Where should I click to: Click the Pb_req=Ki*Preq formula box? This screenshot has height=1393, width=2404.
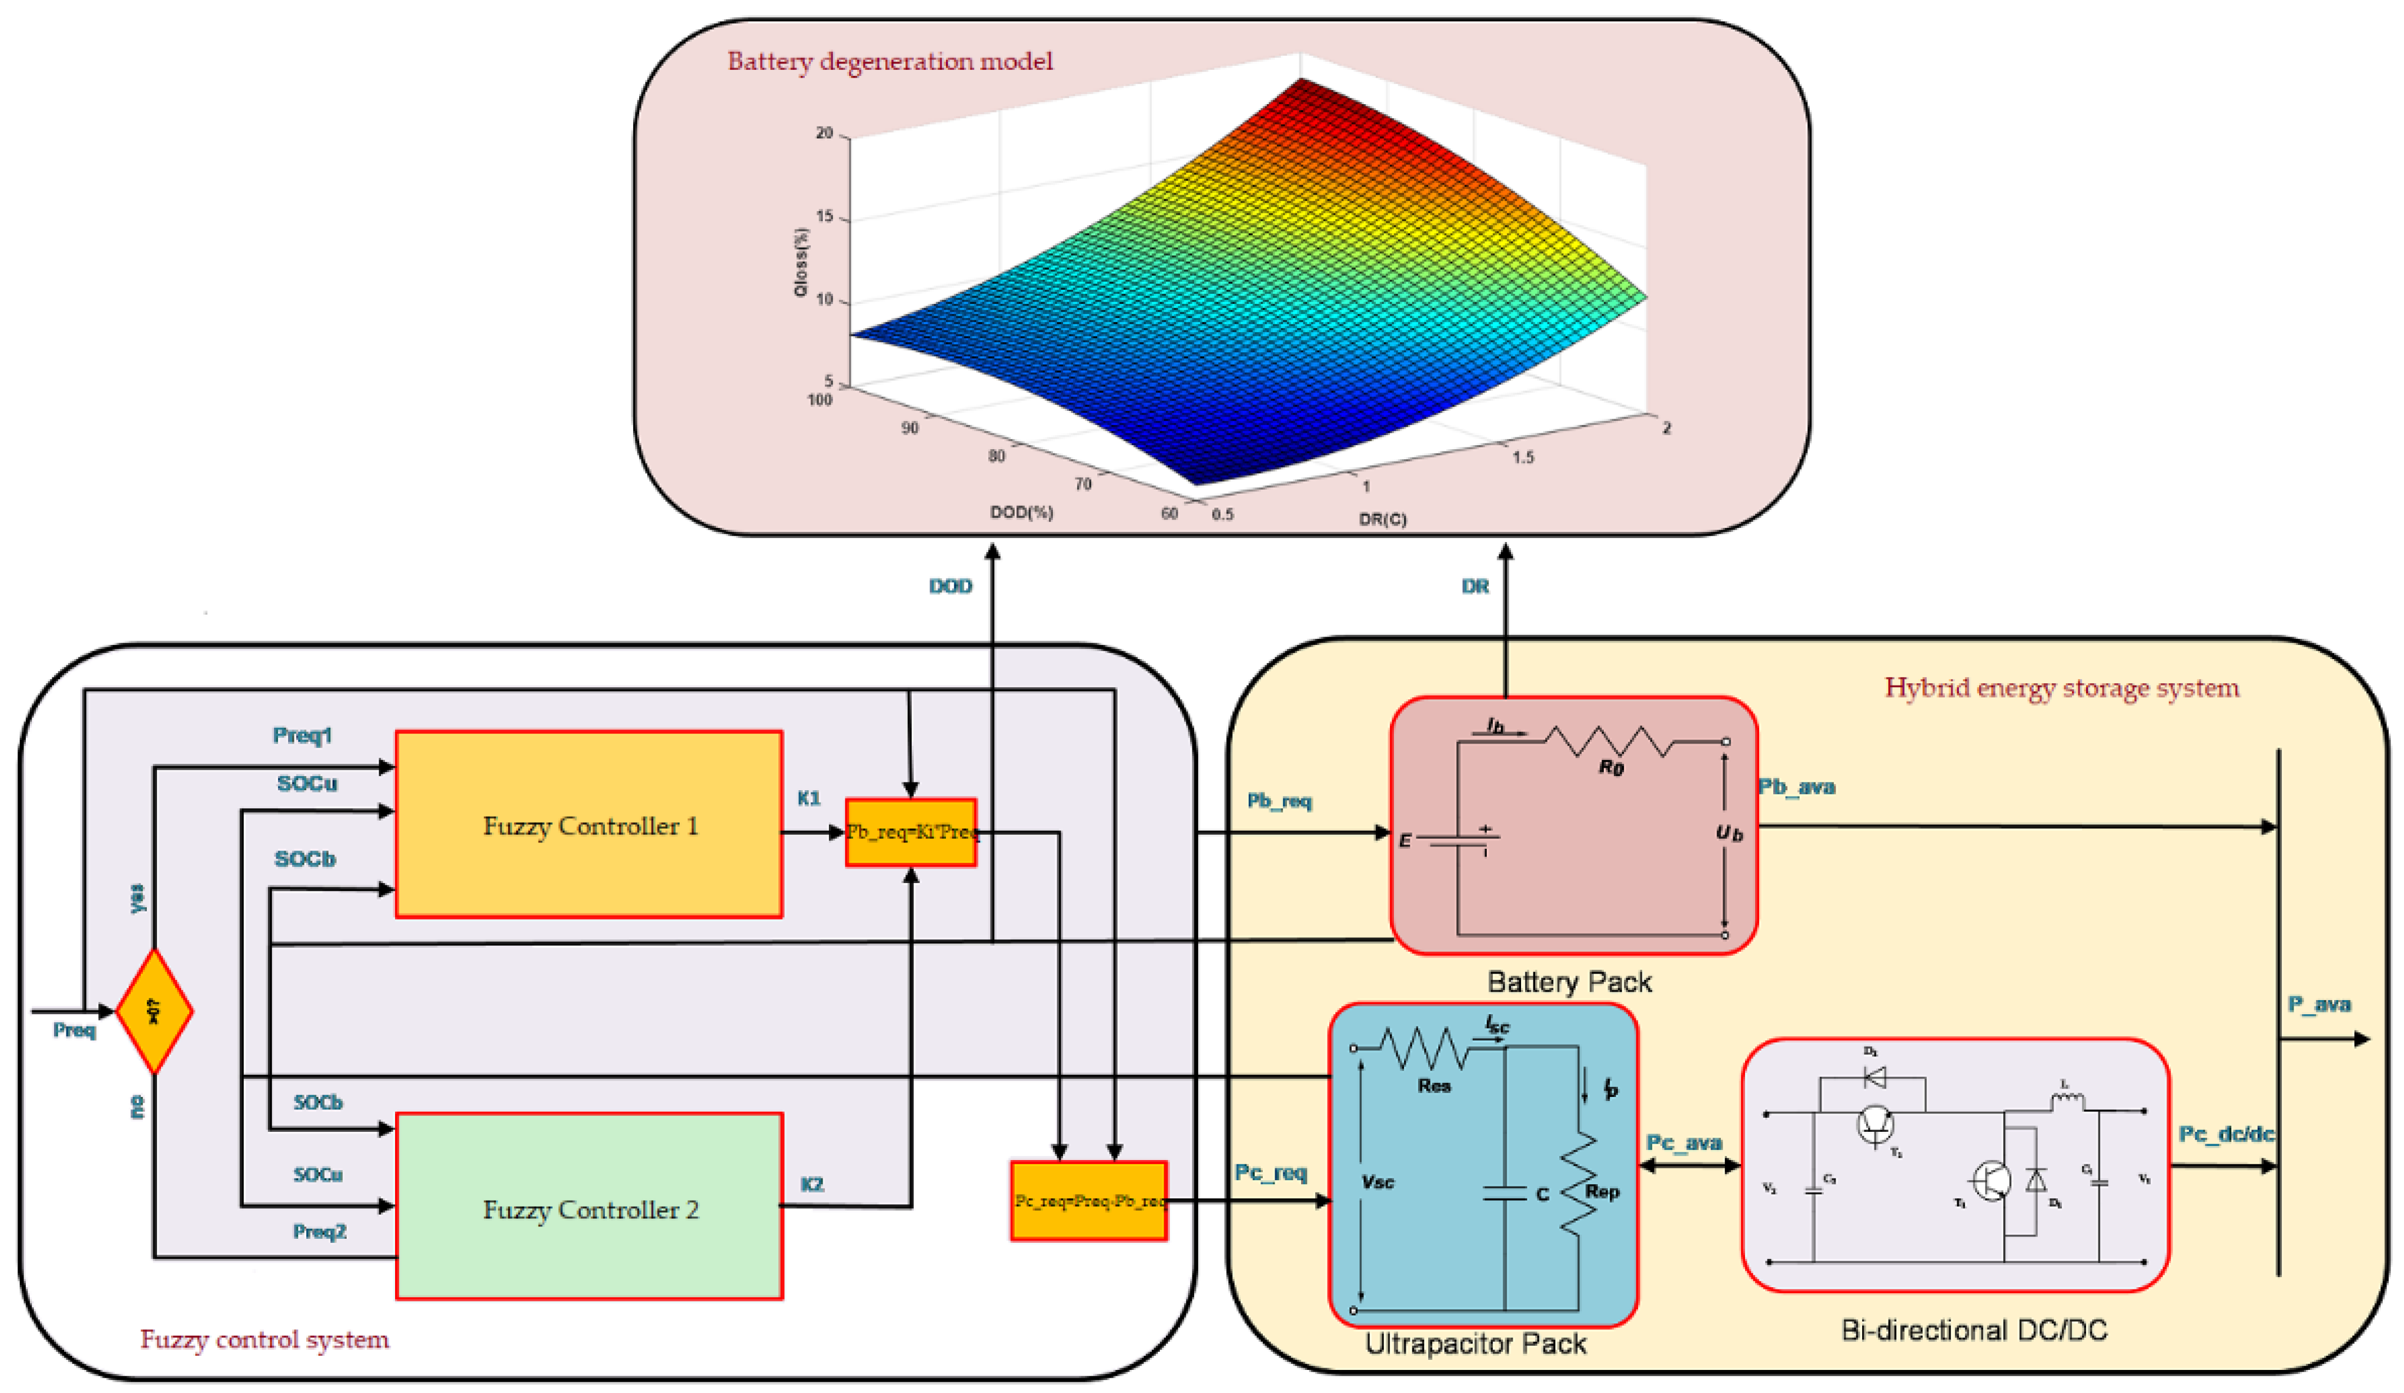coord(911,832)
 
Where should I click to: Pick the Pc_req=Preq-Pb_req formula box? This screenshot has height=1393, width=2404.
coord(1088,1201)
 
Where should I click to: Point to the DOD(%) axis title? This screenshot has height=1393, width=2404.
coord(1021,512)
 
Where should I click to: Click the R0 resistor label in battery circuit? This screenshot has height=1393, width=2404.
coord(1611,767)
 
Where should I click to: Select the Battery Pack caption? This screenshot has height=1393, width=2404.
coord(1569,982)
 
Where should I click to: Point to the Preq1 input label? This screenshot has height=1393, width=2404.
coord(302,734)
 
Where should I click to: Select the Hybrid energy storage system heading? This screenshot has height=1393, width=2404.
coord(2061,688)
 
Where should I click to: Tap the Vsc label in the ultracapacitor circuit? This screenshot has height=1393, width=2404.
coord(1378,1182)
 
